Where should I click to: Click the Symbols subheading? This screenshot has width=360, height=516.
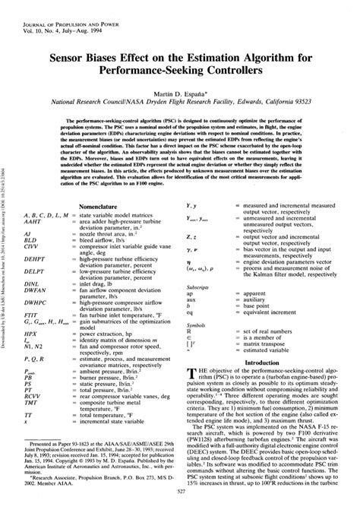(195, 326)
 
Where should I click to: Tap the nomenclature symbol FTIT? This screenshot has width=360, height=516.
(32, 314)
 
